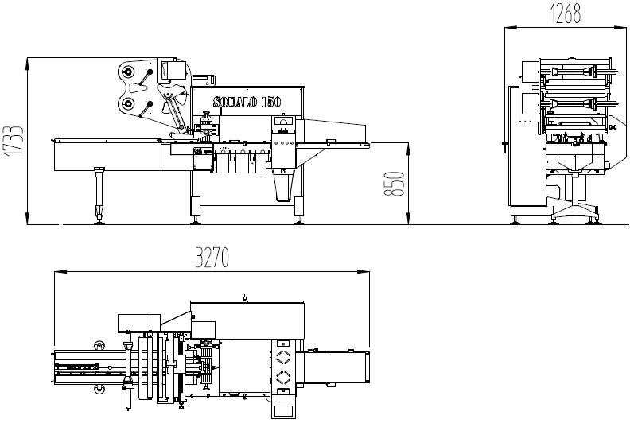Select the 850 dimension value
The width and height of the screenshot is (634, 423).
pyautogui.click(x=394, y=184)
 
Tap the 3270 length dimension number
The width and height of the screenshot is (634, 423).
pyautogui.click(x=212, y=257)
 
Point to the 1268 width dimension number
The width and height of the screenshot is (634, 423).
pyautogui.click(x=566, y=14)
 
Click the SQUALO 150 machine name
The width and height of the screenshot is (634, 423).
pyautogui.click(x=247, y=102)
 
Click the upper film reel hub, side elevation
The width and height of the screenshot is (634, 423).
pyautogui.click(x=128, y=72)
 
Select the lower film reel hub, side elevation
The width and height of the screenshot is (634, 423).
pyautogui.click(x=128, y=103)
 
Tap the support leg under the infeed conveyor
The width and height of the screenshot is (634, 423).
pyautogui.click(x=99, y=195)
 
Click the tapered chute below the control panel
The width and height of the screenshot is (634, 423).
pyautogui.click(x=283, y=185)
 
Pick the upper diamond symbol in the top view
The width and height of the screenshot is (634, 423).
pyautogui.click(x=283, y=357)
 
